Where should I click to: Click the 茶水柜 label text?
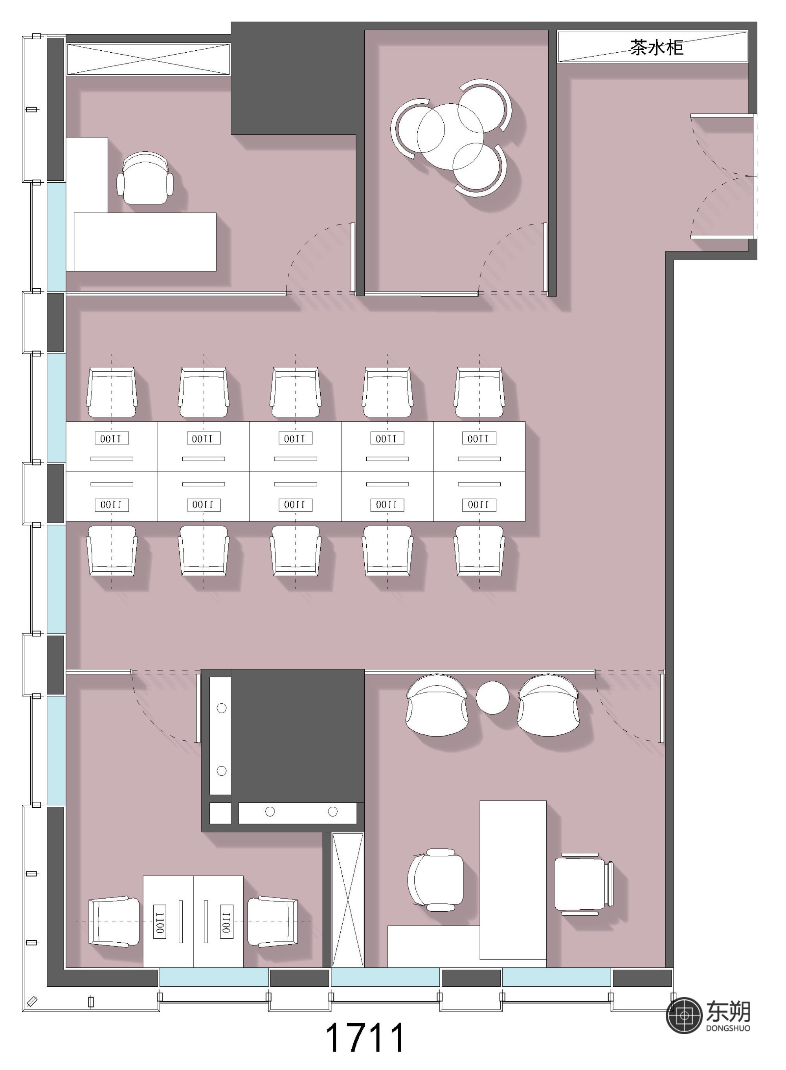[657, 48]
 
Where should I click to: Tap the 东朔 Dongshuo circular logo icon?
[685, 1016]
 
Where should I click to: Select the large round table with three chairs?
[450, 136]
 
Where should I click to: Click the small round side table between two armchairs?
[492, 697]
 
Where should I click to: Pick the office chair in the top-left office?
[145, 179]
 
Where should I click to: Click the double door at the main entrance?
[722, 176]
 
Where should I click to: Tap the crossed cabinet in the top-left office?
[149, 59]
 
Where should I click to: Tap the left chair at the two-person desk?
[114, 921]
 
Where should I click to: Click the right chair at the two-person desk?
[273, 921]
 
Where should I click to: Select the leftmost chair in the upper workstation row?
[112, 392]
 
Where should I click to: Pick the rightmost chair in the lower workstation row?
[479, 551]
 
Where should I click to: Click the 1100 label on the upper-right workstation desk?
[479, 438]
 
